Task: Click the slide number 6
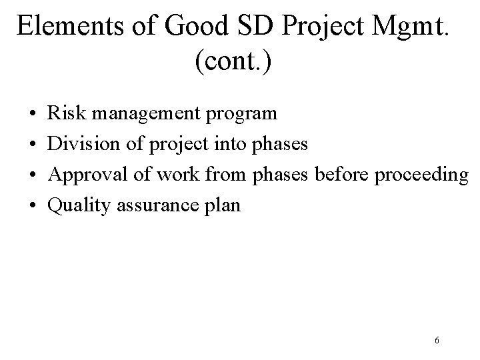pyautogui.click(x=436, y=341)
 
